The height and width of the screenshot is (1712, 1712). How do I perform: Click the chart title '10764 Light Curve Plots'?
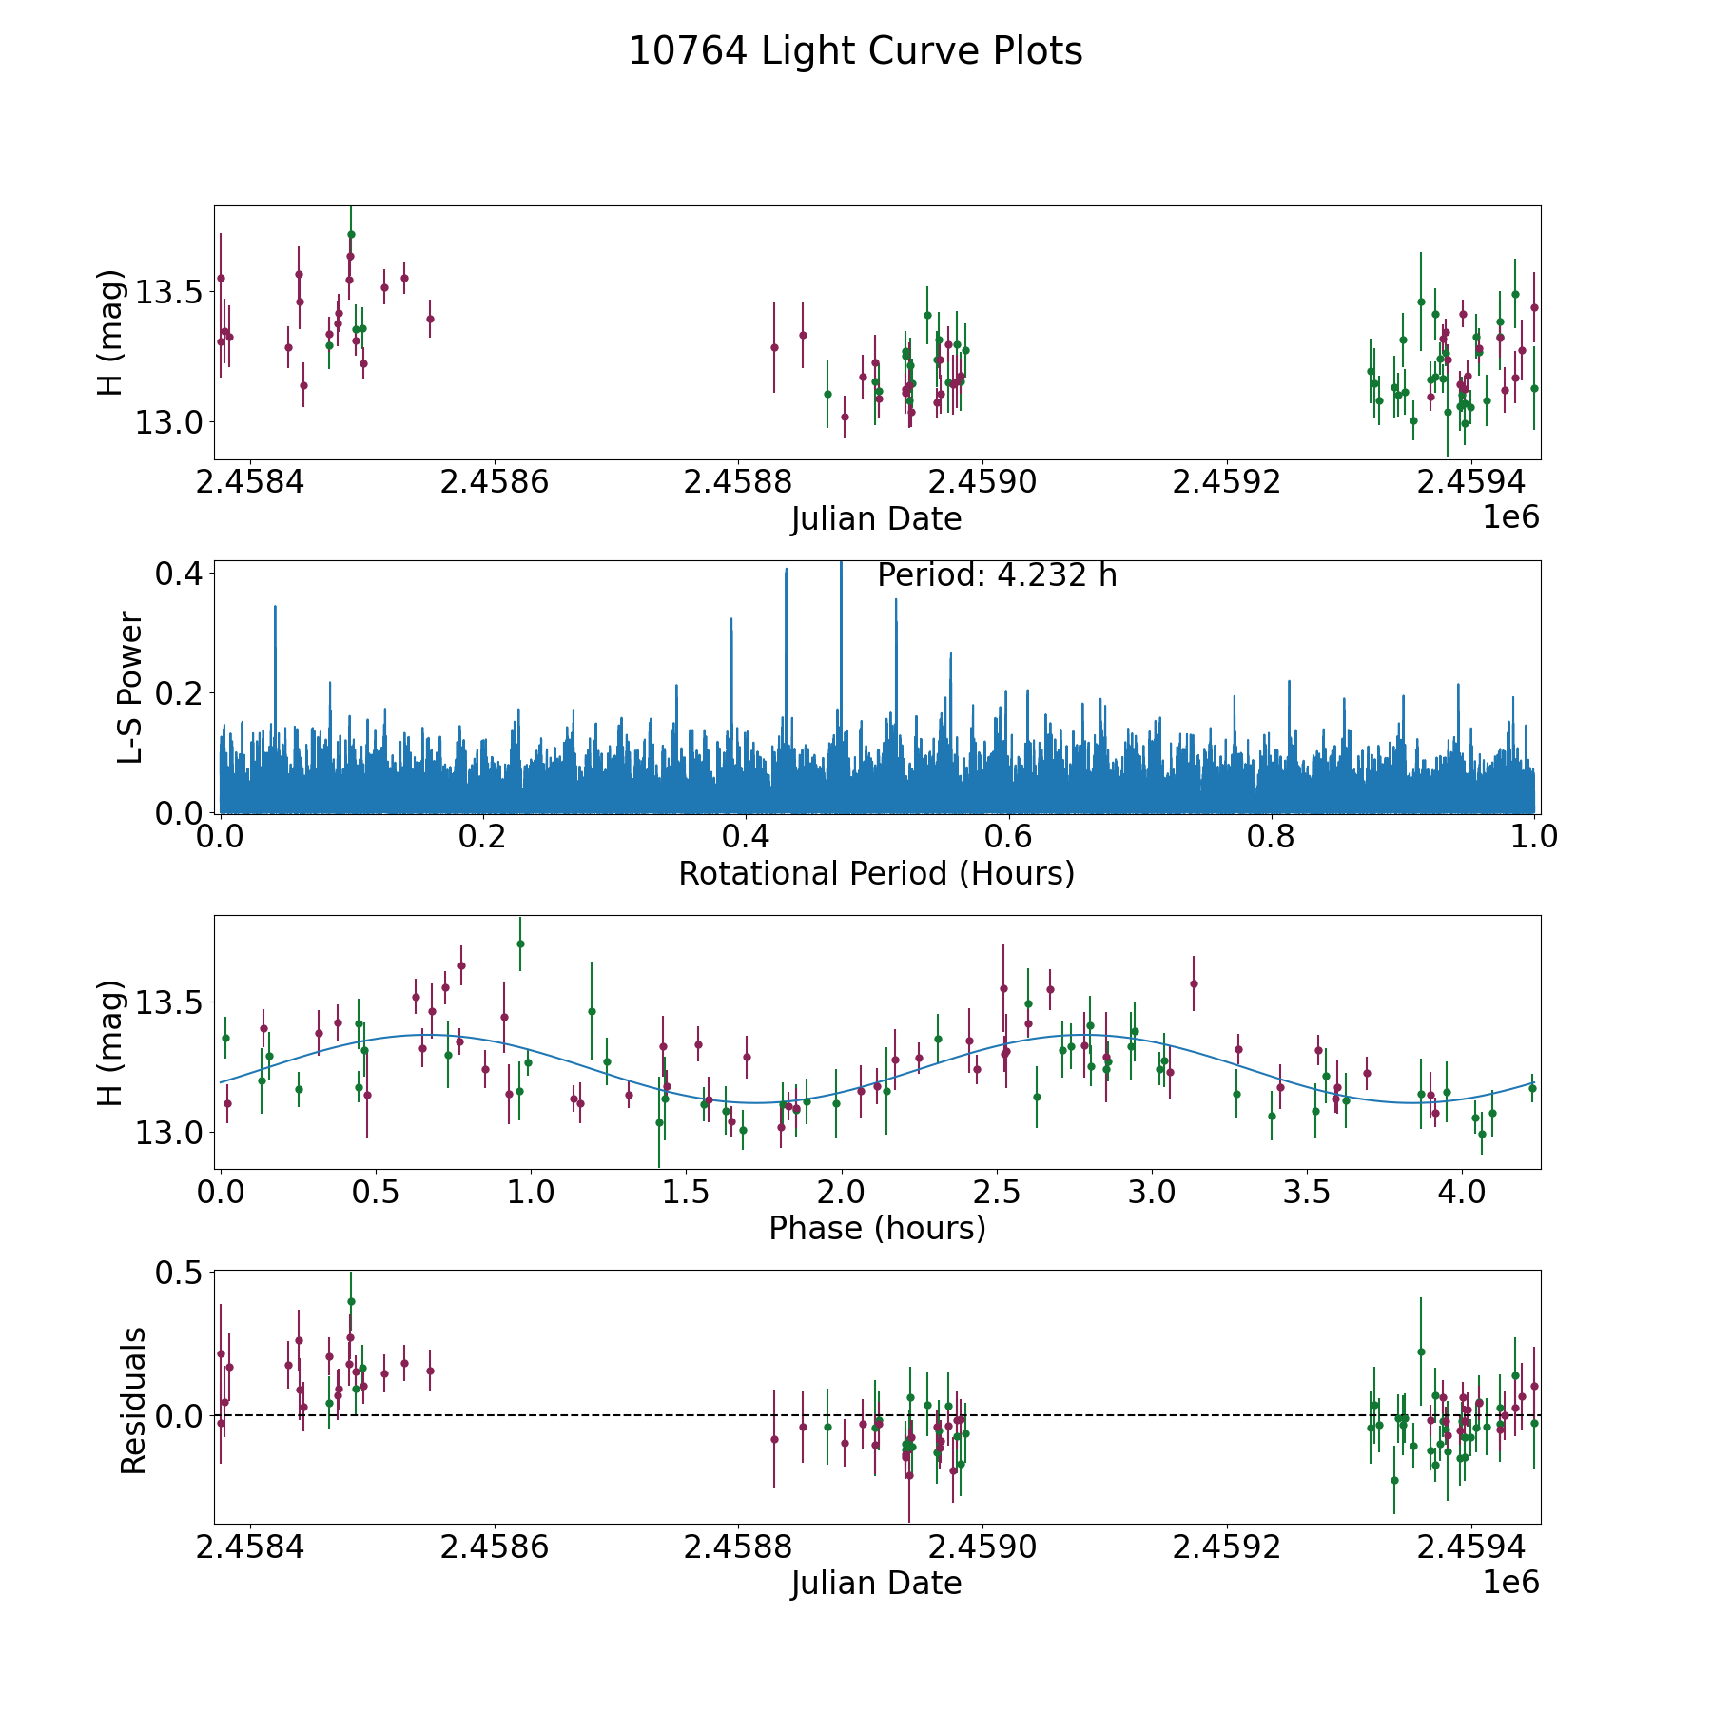point(855,51)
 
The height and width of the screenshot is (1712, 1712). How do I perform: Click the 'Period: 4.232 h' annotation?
point(996,575)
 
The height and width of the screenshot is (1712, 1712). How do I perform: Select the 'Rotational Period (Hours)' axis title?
point(876,873)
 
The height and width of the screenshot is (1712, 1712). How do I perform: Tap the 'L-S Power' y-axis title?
point(131,688)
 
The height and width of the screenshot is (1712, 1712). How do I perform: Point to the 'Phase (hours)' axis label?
point(876,1228)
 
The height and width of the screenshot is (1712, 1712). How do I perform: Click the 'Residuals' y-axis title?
point(133,1401)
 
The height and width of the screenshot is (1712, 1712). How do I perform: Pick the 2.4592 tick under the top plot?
point(1227,482)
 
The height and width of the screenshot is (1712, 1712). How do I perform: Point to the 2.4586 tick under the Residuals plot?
point(495,1547)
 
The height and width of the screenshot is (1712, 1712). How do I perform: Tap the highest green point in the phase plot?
point(520,944)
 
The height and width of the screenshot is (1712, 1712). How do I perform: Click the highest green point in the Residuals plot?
point(351,1301)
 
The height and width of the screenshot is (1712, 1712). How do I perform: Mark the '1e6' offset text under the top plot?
point(1510,516)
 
